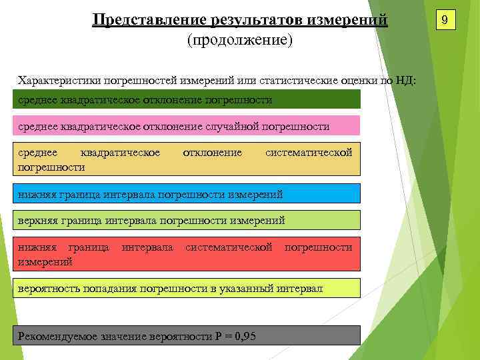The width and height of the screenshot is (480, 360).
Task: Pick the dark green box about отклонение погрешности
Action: point(187,99)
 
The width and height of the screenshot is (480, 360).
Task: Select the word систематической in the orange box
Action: point(309,153)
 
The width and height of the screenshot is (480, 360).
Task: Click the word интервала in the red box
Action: point(147,247)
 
